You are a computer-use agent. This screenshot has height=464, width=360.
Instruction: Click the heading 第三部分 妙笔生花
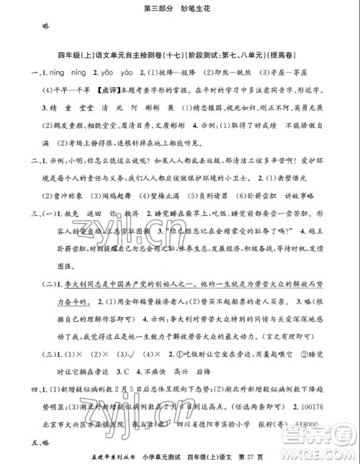(180, 9)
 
